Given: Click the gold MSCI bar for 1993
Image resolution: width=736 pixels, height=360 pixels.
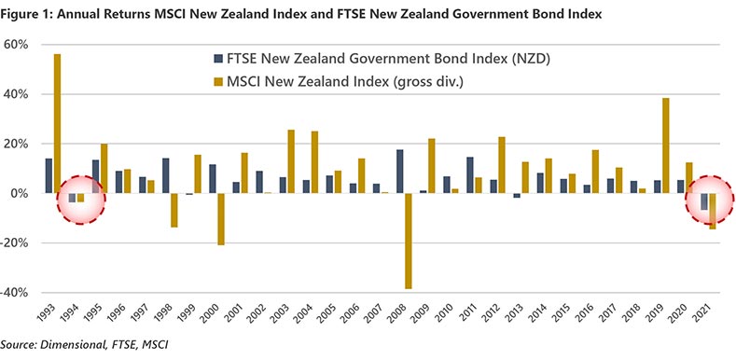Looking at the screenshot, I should click(x=58, y=123).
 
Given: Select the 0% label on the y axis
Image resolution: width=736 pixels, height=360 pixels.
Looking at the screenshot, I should click(x=24, y=193).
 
